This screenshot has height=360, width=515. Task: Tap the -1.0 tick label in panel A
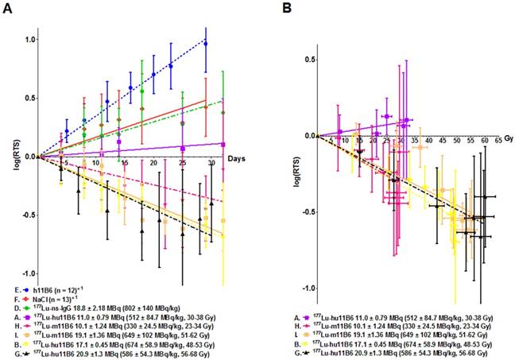point(26,273)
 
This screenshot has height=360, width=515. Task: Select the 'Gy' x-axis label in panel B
point(505,128)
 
